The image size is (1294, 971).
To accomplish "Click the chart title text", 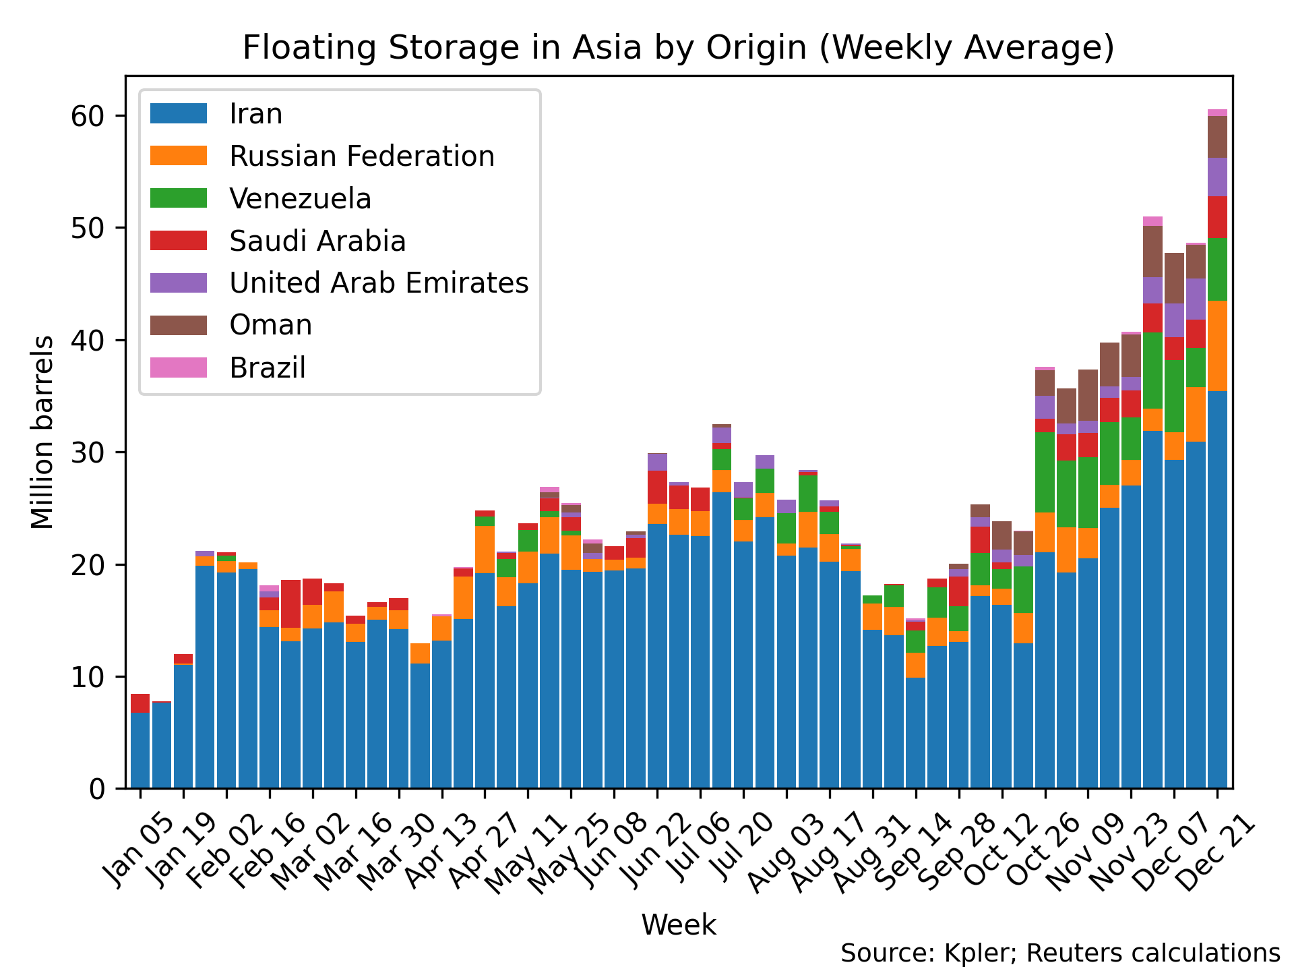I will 678,48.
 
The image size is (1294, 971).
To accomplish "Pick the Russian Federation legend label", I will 361,156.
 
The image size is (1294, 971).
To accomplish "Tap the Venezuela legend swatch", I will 178,198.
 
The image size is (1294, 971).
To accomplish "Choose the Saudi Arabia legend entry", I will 317,241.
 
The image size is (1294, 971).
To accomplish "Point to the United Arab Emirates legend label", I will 379,283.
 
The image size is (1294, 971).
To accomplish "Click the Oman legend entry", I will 270,325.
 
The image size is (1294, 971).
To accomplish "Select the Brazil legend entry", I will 267,367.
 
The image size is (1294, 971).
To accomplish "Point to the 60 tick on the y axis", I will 88,116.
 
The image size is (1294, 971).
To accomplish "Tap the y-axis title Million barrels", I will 42,432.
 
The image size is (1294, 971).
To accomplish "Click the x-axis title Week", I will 678,924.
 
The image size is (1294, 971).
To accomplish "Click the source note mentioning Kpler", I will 1060,953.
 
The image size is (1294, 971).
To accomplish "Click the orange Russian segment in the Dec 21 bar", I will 1217,345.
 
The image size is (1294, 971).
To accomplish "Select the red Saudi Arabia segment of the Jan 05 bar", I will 140,703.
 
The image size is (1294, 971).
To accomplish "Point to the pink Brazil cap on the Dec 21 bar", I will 1217,113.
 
